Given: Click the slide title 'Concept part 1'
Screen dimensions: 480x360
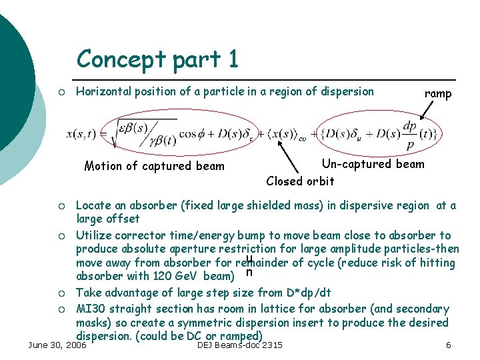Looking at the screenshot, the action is (157, 59).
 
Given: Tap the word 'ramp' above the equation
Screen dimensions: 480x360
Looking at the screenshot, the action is (438, 94).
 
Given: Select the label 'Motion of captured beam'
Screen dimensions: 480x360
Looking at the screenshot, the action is (155, 166).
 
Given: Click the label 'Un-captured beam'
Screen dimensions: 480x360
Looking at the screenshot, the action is (373, 164).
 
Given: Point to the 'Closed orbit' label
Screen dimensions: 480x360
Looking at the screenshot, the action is (300, 181).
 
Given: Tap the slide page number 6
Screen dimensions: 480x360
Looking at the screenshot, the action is (449, 345).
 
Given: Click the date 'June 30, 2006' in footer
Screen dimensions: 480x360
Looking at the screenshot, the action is (57, 345).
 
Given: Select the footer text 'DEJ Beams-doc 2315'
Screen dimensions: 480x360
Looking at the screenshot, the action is (240, 345).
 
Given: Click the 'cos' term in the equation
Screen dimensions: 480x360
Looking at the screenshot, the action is (189, 134).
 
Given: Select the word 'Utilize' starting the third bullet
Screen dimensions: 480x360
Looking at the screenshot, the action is (95, 235).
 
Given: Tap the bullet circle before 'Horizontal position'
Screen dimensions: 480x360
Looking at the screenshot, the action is (61, 92).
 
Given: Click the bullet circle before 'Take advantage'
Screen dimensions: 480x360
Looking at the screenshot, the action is (61, 293).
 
